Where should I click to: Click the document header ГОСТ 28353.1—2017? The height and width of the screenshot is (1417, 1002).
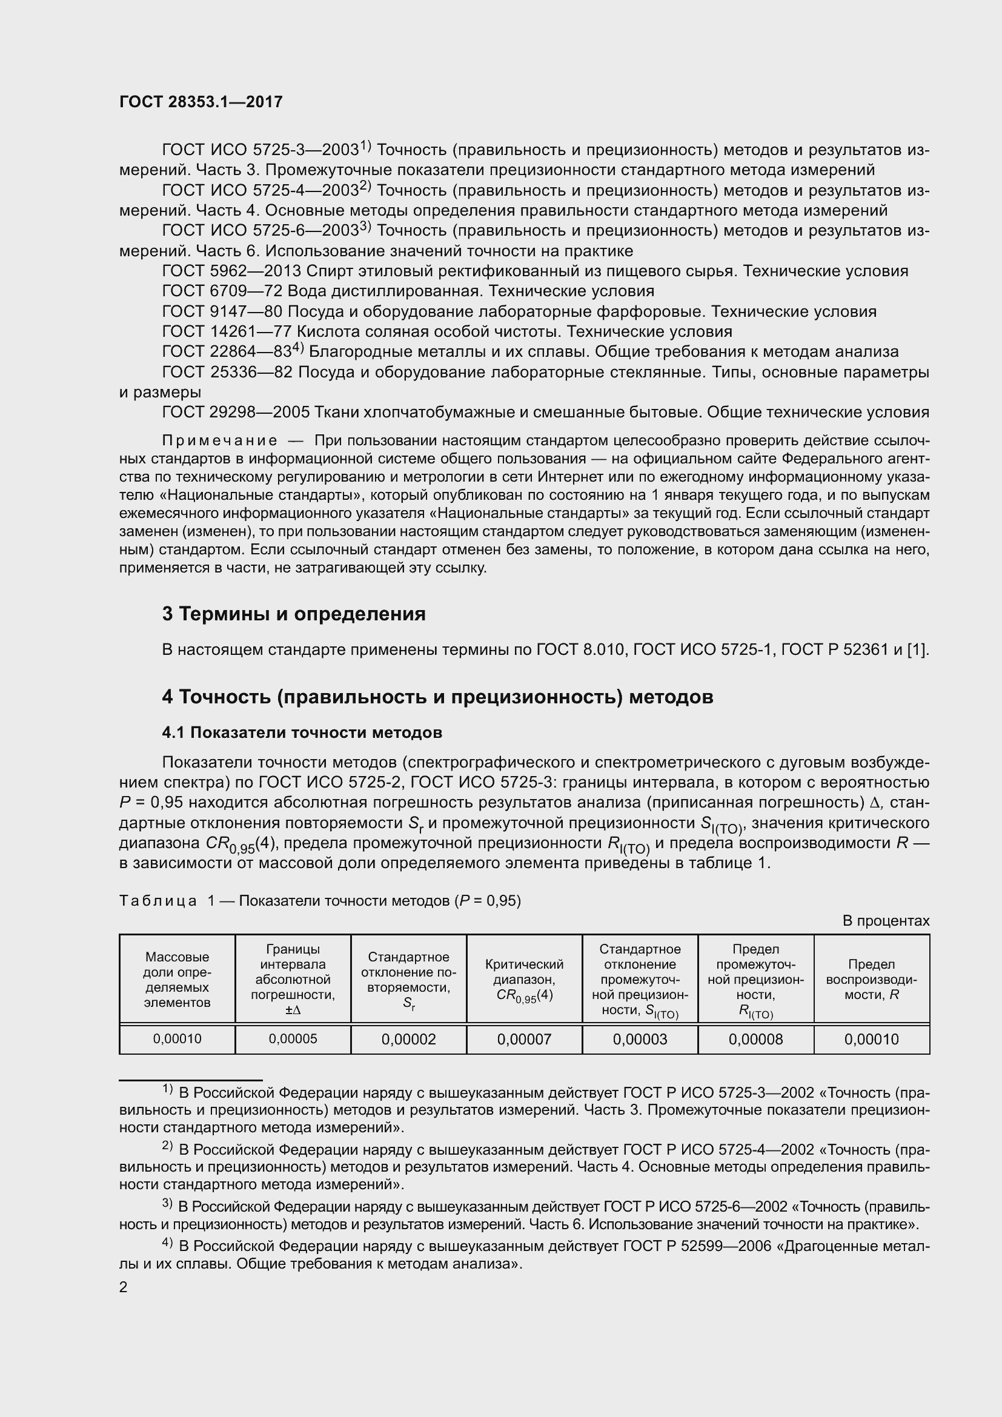pos(201,102)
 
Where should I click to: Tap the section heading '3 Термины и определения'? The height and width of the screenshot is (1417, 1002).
pos(294,614)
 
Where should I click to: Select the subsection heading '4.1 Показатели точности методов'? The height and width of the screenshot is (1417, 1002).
pos(302,732)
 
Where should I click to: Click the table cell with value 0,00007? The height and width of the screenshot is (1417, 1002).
pos(524,1040)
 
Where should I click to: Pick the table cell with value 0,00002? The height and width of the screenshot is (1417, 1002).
pos(408,1040)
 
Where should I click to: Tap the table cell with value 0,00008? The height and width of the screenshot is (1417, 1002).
pos(755,1040)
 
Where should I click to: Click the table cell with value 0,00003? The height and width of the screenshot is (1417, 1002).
pos(640,1040)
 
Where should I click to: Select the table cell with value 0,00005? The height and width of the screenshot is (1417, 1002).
pos(293,1039)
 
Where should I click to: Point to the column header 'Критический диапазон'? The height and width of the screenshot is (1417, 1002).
pos(524,980)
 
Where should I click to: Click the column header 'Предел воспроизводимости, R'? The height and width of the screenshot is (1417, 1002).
pos(871,980)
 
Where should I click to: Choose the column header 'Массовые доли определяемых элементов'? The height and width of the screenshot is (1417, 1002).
pos(177,980)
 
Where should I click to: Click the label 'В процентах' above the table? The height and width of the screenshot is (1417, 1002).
pos(886,921)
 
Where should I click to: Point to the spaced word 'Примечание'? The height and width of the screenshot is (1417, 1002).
pos(219,440)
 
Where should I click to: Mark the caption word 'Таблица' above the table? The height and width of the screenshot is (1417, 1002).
pos(158,901)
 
